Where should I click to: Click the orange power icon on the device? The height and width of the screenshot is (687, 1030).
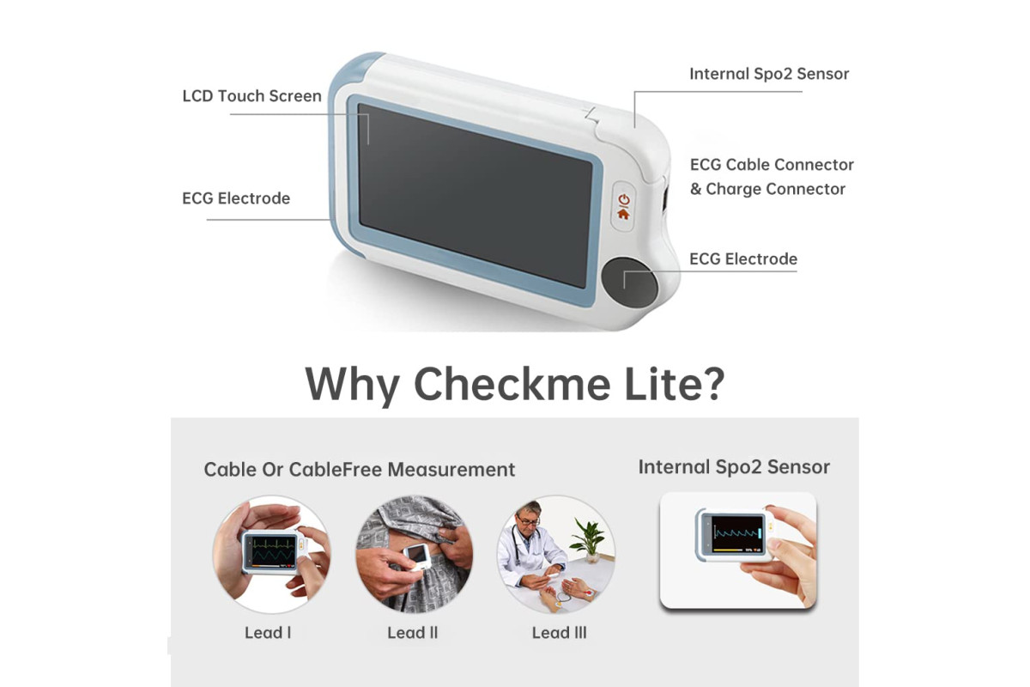tap(623, 200)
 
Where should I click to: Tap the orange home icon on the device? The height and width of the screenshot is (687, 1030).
tap(623, 214)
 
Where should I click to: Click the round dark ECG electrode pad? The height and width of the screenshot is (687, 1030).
tap(629, 282)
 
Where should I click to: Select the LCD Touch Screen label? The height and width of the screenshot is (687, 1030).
tap(252, 95)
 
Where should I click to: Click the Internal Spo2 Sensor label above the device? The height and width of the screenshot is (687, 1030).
tap(769, 74)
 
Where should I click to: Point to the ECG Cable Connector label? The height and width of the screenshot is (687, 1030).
tap(772, 165)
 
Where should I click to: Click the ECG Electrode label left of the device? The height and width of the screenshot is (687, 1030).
tap(236, 198)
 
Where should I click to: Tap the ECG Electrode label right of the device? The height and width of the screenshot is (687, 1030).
tap(743, 259)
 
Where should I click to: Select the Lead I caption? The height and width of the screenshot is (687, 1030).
tap(268, 633)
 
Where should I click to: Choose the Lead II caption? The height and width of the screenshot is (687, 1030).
tap(413, 633)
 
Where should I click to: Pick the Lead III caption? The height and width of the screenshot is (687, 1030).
tap(559, 633)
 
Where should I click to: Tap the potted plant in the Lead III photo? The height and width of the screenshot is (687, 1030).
tap(589, 539)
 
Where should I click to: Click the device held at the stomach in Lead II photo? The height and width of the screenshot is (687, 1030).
tap(416, 557)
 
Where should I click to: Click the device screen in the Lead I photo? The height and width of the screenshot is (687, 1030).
tap(274, 550)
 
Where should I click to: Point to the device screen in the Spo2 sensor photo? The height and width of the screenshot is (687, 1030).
tap(737, 534)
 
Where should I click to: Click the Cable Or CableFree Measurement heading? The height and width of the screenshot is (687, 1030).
tap(359, 470)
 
